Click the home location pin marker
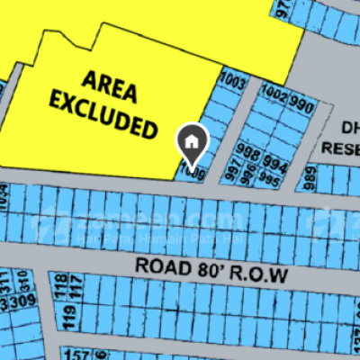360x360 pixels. coord(191,140)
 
